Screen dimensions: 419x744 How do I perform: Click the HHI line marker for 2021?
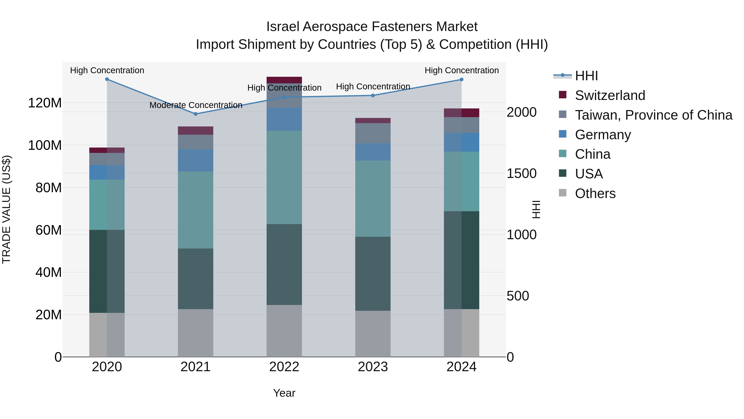pos(196,114)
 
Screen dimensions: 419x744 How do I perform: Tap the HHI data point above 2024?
pos(461,79)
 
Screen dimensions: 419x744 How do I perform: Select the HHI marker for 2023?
pos(373,95)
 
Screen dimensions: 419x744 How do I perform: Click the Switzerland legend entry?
pos(610,95)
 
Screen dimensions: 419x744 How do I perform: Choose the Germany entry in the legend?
pos(603,135)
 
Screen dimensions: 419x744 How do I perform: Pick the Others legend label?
pos(595,193)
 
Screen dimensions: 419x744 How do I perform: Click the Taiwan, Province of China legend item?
pos(653,115)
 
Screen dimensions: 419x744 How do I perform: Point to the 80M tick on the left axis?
pos(49,188)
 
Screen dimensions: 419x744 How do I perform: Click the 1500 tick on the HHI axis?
pos(522,174)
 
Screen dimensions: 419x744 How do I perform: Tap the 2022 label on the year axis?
pos(284,367)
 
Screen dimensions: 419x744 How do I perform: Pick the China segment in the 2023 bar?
pos(373,199)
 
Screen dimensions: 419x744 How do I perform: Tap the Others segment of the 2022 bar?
pos(284,331)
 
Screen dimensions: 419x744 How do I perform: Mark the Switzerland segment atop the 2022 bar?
pos(284,80)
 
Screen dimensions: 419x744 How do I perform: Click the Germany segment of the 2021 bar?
pos(196,161)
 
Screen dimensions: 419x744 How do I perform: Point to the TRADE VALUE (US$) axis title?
pos(6,209)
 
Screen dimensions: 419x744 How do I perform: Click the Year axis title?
pos(284,393)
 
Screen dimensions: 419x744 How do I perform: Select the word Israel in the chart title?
pos(283,27)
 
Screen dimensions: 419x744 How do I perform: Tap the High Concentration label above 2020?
pos(107,70)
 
